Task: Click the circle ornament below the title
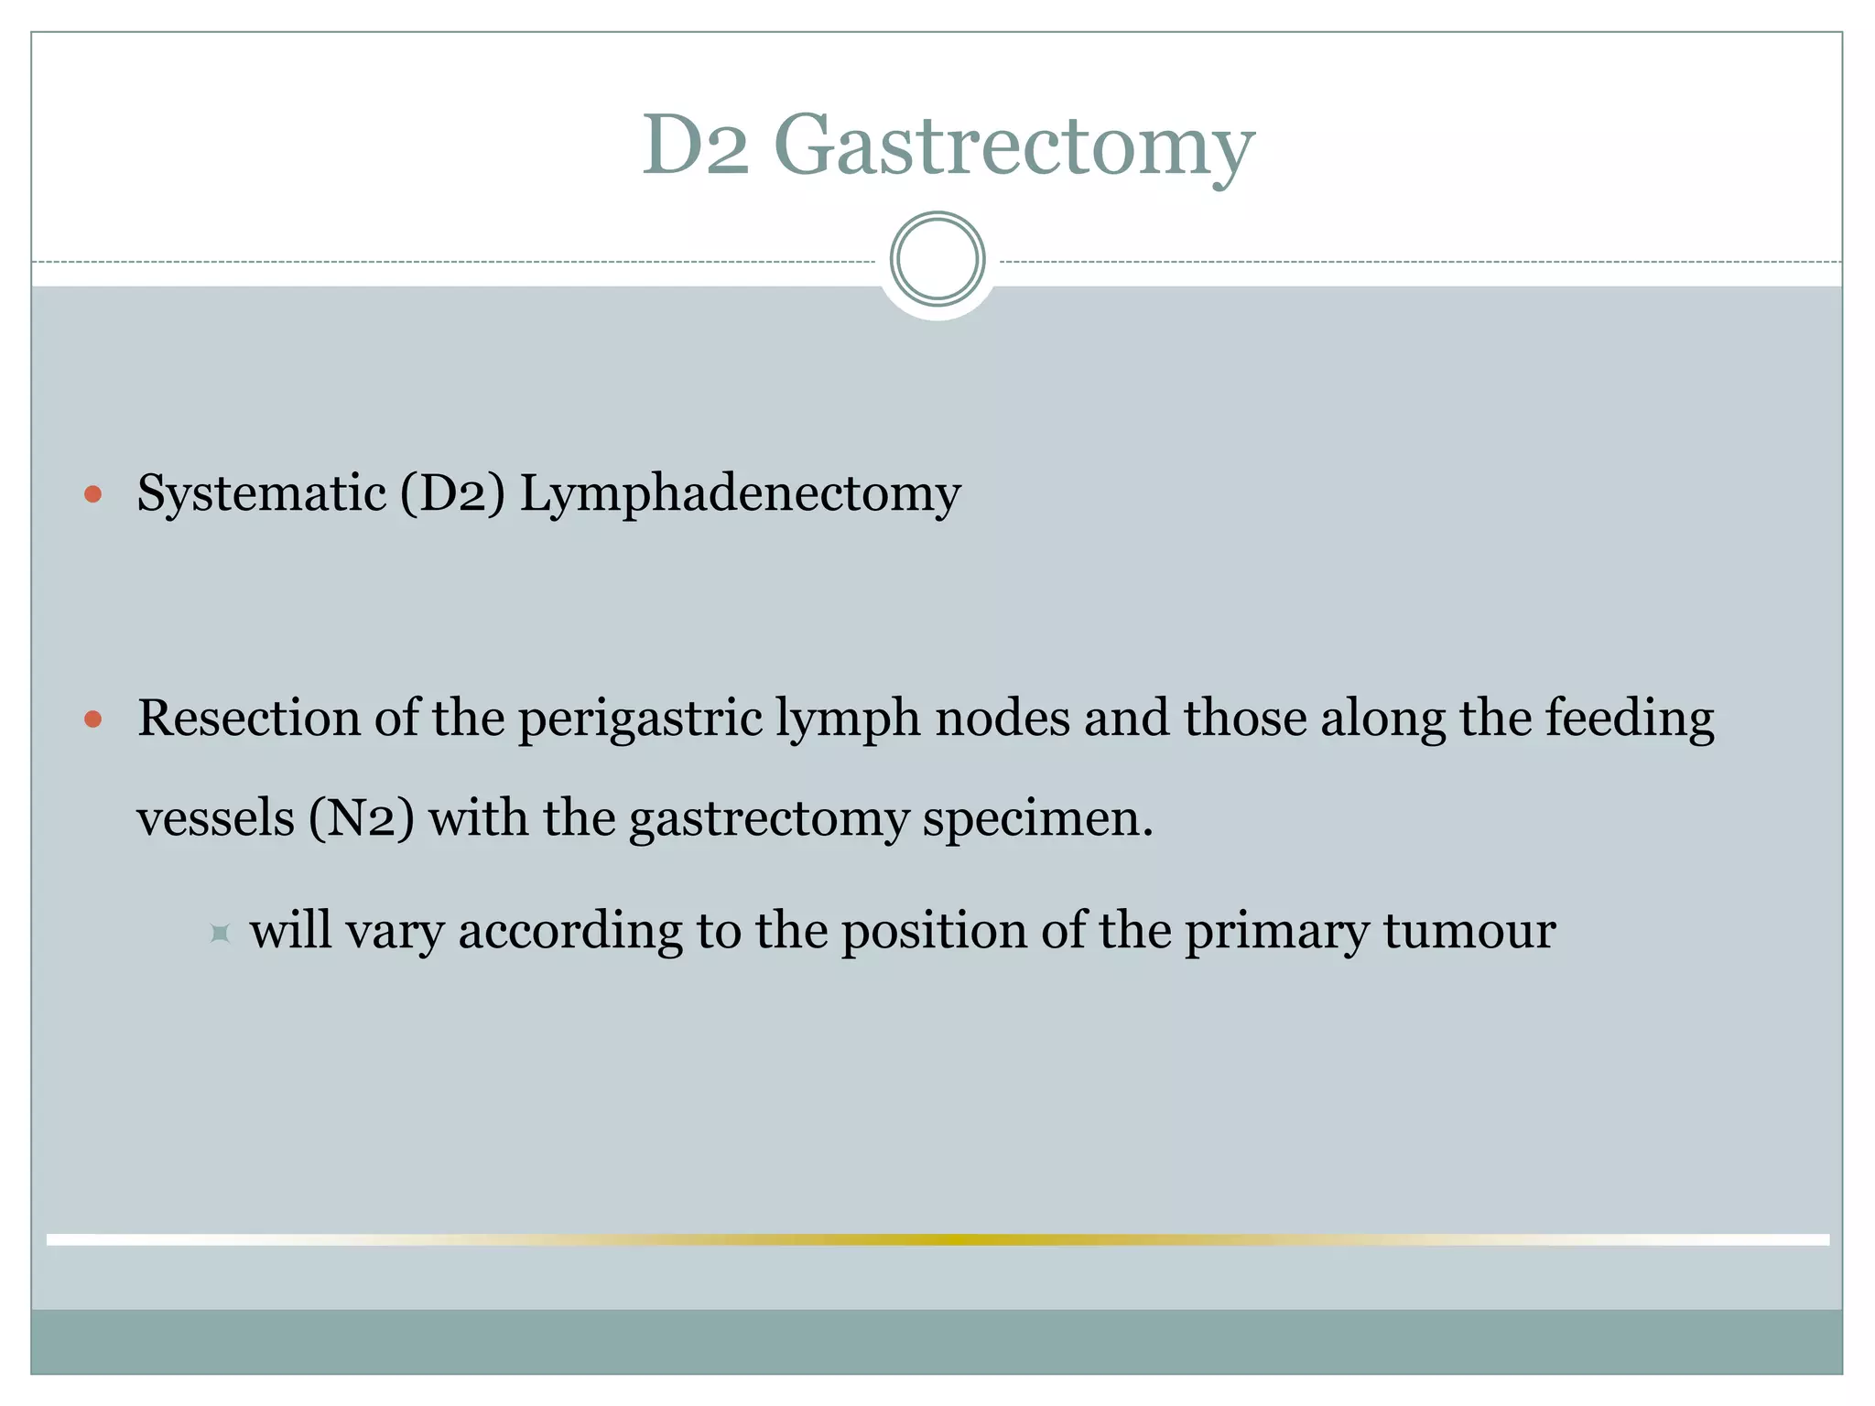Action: click(937, 259)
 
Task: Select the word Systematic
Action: click(261, 494)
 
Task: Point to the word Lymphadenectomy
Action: click(740, 494)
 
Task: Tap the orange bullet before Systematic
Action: click(92, 495)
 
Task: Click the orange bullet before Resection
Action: click(92, 719)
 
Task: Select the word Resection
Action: click(248, 718)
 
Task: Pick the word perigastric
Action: click(640, 719)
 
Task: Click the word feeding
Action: click(1630, 719)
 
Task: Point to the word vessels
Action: click(216, 817)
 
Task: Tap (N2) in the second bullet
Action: click(361, 817)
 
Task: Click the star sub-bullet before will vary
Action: click(220, 934)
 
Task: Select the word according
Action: click(569, 932)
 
